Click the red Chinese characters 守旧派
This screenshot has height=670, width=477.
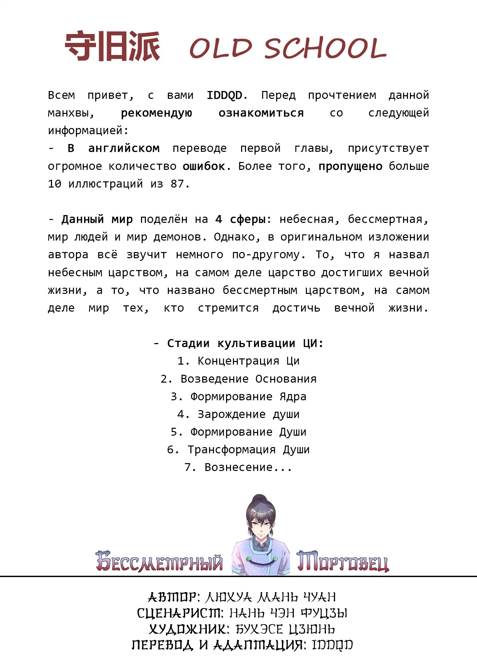(x=113, y=46)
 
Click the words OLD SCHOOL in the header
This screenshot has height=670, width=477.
(x=288, y=48)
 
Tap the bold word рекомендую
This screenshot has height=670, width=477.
(x=156, y=113)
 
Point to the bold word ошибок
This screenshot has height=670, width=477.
(x=203, y=166)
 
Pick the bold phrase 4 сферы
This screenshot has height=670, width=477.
(x=240, y=219)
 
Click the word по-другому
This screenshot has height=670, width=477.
(x=266, y=255)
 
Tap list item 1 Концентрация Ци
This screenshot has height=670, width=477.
(x=238, y=361)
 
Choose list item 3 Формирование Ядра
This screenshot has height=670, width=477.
(x=238, y=397)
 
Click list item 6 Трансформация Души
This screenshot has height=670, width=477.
(x=238, y=450)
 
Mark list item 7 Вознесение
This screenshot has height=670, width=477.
(x=238, y=467)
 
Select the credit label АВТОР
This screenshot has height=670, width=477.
(x=172, y=597)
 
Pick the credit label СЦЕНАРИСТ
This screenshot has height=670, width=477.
(x=180, y=613)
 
